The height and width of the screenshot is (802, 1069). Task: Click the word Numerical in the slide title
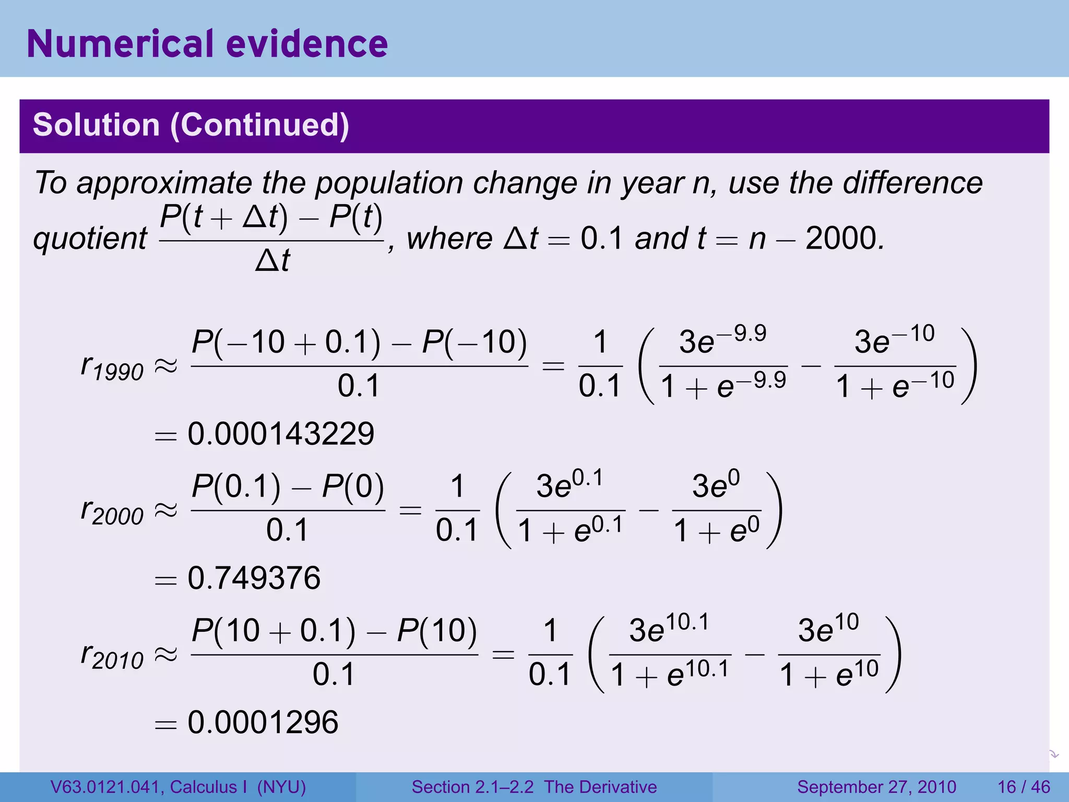120,44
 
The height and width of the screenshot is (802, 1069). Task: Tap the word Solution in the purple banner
96,125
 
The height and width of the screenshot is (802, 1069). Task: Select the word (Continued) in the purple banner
259,125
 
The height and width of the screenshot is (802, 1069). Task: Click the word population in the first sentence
389,184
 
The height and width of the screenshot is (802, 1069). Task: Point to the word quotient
90,239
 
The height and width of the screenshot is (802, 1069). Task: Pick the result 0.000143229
281,434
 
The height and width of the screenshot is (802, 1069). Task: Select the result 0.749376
254,578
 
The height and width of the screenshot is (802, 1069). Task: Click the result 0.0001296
263,723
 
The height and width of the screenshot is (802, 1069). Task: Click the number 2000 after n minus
844,239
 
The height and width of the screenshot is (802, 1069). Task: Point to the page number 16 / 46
1024,787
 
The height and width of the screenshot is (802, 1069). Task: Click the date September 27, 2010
876,787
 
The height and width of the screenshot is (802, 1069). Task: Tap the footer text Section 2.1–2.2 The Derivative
534,787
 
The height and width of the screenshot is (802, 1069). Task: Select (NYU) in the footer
281,787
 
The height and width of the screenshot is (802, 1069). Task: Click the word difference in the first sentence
913,184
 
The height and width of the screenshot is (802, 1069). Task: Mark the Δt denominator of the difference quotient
272,261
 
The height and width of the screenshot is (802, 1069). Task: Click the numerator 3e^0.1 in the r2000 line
569,486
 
